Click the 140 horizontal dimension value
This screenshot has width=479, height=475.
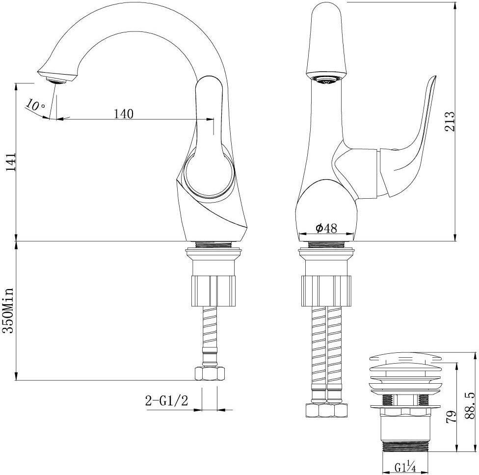124,114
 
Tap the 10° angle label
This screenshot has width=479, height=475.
35,105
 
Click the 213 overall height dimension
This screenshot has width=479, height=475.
450,121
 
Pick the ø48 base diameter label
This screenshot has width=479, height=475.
326,228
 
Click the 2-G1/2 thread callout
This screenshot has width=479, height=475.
166,400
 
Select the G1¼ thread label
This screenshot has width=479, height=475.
405,467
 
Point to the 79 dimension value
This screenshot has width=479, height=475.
451,416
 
